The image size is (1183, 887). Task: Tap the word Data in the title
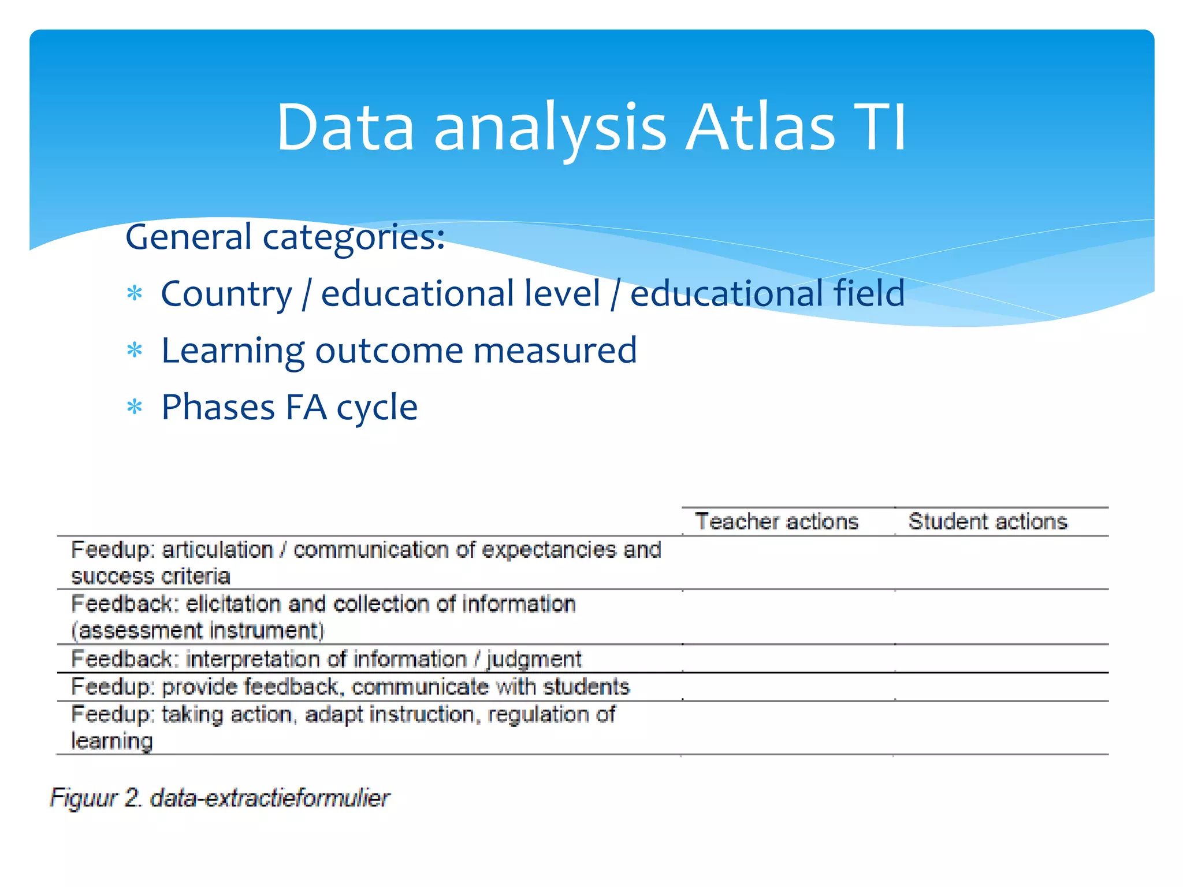pos(345,128)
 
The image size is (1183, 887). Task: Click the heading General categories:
pos(285,237)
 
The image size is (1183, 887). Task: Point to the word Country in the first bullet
pos(226,294)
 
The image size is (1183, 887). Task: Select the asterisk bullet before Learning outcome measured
pos(135,351)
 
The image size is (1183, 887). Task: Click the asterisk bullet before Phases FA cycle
pos(135,408)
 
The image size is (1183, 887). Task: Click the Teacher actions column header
pos(776,521)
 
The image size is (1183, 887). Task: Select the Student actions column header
pos(988,521)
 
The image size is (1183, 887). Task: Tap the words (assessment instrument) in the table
pos(198,631)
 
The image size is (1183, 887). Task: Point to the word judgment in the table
pos(534,659)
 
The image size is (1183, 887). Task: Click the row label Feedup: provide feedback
pos(204,687)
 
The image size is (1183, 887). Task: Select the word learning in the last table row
pos(112,741)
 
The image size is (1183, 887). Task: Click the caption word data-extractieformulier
pos(270,798)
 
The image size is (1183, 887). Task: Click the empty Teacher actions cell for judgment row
pos(788,659)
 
